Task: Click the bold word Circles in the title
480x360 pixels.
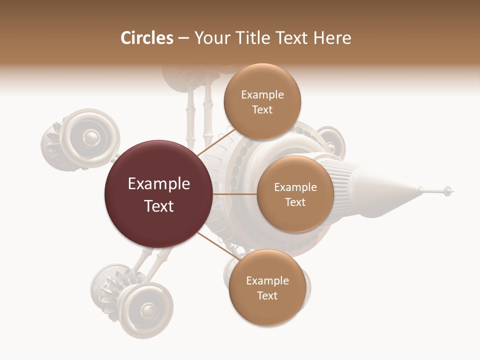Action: click(146, 38)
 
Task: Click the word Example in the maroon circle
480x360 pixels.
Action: click(159, 184)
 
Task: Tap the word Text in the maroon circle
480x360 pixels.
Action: click(159, 206)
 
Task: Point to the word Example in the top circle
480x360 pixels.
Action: click(262, 95)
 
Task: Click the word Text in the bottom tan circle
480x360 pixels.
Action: click(267, 295)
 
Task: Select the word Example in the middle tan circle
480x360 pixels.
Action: click(295, 187)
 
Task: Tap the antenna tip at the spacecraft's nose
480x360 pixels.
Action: click(448, 190)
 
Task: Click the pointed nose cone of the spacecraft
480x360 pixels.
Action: click(400, 192)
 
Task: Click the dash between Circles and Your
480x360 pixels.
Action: click(183, 38)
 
